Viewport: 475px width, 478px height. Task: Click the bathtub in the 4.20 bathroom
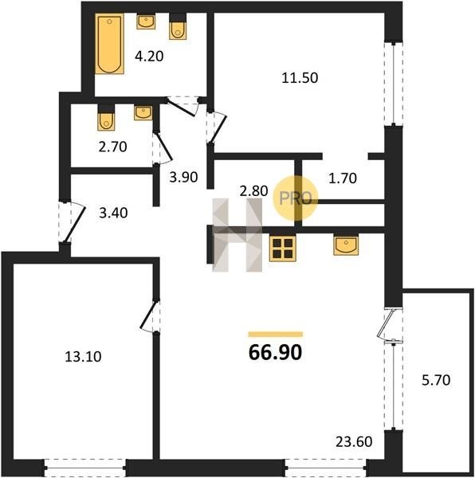coord(109,44)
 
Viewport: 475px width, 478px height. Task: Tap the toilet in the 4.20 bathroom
coord(178,26)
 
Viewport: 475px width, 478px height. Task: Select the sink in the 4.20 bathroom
coord(146,22)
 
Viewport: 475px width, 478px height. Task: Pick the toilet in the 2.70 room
coord(106,117)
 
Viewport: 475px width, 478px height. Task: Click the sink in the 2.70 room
coord(143,112)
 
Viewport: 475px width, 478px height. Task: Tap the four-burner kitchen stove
coord(283,248)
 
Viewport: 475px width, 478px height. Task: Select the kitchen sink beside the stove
coord(346,245)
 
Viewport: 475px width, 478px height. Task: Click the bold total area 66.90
coord(275,352)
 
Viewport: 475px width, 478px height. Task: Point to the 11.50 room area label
coord(300,78)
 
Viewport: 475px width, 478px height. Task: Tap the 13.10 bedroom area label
coord(83,356)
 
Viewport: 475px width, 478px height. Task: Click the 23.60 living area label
coord(354,441)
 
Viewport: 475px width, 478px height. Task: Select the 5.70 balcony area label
coord(436,380)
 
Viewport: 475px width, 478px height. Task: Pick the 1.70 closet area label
coord(343,178)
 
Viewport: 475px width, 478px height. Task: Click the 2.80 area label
coord(254,191)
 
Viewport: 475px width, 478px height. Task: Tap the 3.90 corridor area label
coord(183,177)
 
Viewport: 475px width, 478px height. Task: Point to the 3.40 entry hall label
coord(113,213)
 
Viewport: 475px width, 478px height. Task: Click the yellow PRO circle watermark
coord(295,198)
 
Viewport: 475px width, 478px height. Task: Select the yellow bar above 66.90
coord(276,335)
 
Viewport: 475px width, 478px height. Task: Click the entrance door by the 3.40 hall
coord(73,222)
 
